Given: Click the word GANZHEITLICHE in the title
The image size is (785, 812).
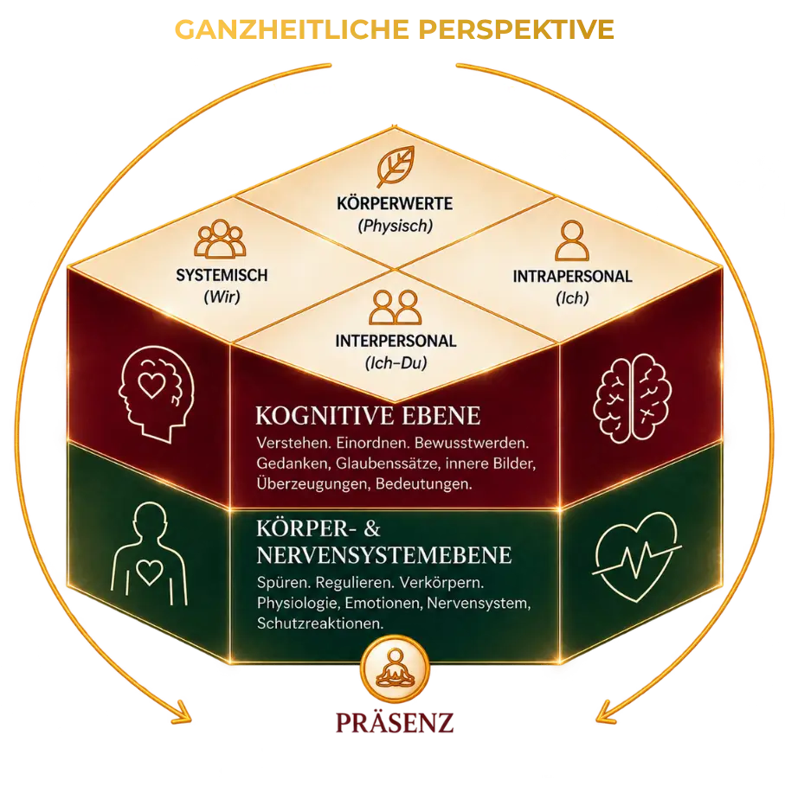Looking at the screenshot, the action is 293,29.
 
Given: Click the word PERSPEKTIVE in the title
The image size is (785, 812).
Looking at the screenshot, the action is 516,29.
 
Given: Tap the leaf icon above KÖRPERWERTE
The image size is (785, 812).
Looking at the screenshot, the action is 396,166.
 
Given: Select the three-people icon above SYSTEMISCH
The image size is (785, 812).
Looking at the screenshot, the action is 220,239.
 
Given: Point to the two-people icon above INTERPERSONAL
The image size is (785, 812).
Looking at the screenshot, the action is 395,307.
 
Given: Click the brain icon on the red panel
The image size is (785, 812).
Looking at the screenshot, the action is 633,398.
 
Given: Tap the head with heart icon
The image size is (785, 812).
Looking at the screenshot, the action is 156,393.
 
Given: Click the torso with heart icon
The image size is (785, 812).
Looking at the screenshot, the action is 149,553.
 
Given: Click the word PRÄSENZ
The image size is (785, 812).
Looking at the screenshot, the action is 395,722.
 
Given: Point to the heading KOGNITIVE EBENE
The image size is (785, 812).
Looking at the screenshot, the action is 368,416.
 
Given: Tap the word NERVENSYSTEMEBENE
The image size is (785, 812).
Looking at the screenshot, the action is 384,554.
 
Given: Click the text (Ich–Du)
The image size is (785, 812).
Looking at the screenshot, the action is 396,363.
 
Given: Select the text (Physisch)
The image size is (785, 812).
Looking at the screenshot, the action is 395,226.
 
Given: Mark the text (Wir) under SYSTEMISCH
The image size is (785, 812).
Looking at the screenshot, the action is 222,297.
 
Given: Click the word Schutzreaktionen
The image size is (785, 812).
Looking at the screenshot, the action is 320,623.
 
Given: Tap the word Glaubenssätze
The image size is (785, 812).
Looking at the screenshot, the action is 387,464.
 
